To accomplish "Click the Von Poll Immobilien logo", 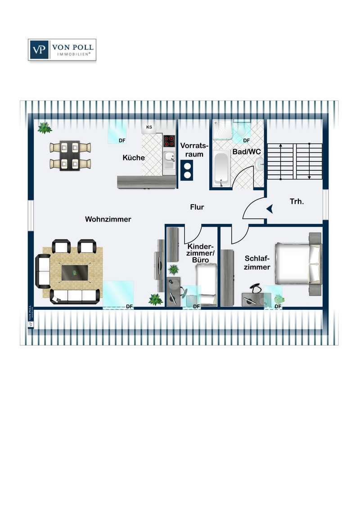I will tap(62, 50).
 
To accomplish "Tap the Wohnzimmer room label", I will tap(108, 219).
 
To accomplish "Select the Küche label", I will tap(134, 158).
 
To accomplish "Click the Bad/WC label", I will tap(247, 152).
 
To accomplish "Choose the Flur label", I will tap(197, 207).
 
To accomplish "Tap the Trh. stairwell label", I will tap(297, 202).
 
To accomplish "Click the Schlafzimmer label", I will tap(257, 263).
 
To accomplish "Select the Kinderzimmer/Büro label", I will tap(200, 253).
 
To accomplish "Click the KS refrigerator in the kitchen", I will tap(149, 127).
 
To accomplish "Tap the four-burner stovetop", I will tap(169, 141).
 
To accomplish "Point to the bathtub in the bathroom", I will tap(221, 169).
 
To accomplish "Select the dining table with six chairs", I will tap(70, 156).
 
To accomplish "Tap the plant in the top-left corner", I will tap(45, 128).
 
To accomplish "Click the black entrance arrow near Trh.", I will tap(269, 209).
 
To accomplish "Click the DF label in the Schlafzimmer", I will tap(278, 307).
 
